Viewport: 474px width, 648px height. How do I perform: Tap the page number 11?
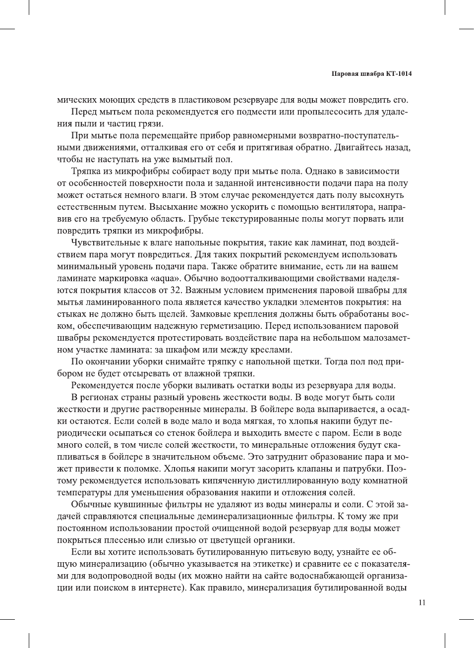pos(422,602)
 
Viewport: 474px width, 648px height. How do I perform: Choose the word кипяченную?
pos(222,480)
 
